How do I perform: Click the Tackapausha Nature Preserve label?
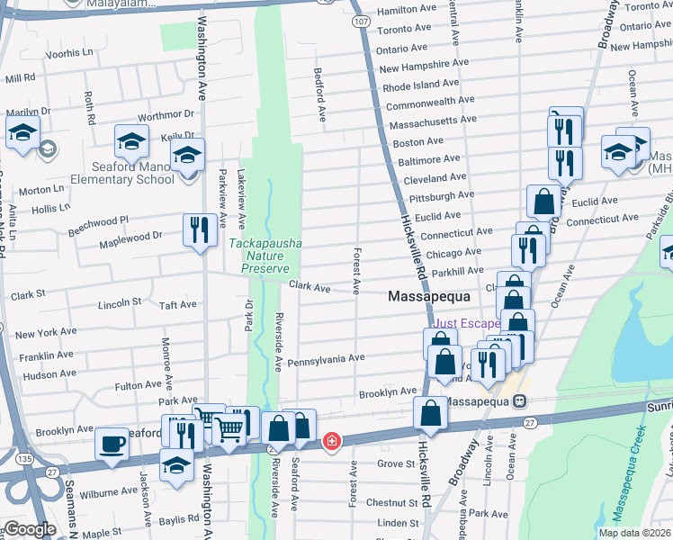click(x=265, y=256)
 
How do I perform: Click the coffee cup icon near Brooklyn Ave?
click(x=112, y=444)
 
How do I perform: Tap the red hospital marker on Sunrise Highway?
click(x=333, y=441)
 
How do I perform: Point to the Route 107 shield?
click(x=359, y=20)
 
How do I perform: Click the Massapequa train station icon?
click(x=520, y=401)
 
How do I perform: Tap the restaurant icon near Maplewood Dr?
click(x=199, y=229)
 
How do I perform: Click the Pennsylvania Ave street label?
click(x=326, y=358)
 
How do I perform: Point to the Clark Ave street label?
click(x=310, y=288)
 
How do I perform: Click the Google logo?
click(x=30, y=529)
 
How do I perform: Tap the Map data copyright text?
click(x=633, y=533)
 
